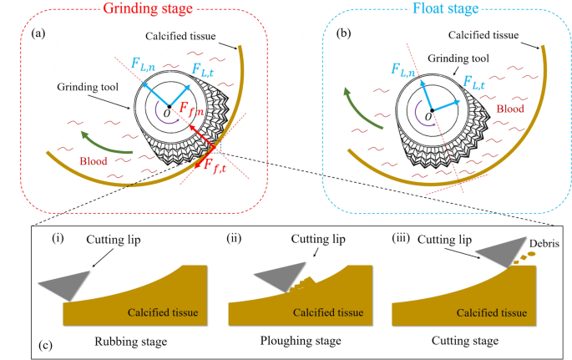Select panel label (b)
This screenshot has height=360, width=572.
(339, 36)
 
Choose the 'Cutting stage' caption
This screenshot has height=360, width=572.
(464, 341)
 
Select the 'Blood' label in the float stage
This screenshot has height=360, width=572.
(510, 108)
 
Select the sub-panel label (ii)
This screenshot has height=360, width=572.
(235, 240)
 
